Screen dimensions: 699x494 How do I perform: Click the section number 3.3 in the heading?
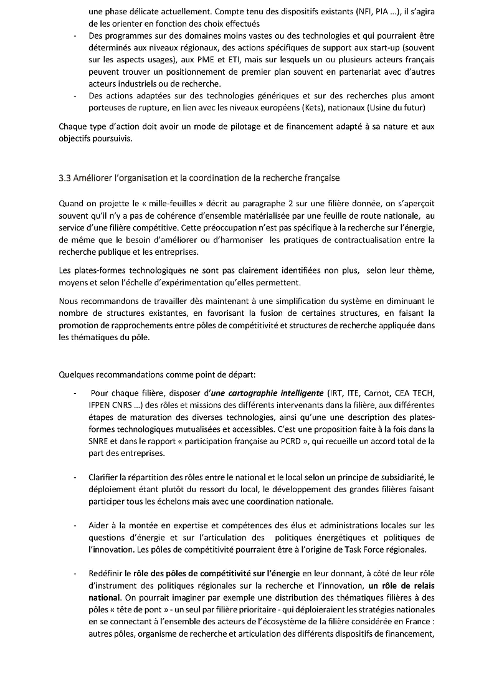click(65, 178)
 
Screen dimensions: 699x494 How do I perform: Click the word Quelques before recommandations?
click(76, 375)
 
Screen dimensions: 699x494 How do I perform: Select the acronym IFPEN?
click(102, 405)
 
